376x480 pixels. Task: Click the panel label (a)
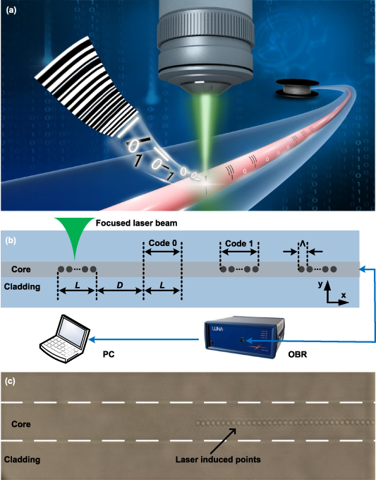coord(13,10)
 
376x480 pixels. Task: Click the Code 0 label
coord(163,243)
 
